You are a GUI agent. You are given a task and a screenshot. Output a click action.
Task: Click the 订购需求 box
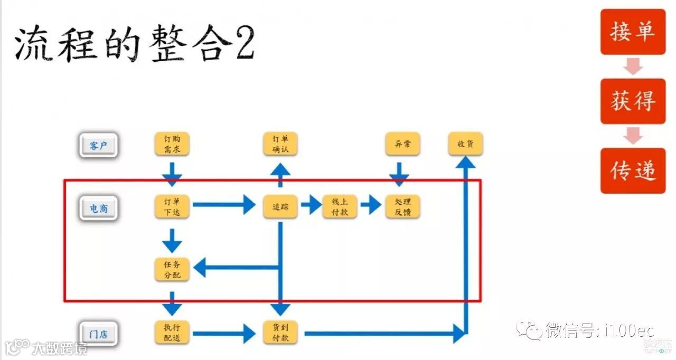(172, 144)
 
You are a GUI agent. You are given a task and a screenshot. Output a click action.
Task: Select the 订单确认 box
(280, 144)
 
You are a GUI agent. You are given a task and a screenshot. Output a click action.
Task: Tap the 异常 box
(402, 144)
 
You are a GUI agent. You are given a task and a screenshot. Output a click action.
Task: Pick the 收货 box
(465, 144)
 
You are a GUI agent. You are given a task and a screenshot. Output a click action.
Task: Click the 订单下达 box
(172, 206)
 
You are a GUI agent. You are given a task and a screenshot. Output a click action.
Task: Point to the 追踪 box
(280, 206)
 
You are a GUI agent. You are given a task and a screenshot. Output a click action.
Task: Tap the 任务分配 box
(172, 269)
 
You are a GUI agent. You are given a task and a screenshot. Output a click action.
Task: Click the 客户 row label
(98, 145)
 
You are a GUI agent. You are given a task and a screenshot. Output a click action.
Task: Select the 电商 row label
(98, 209)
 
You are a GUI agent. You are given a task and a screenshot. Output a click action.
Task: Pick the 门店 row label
(98, 334)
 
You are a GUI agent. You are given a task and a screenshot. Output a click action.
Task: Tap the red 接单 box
(633, 32)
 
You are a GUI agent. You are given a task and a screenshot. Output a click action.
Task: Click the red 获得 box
(633, 101)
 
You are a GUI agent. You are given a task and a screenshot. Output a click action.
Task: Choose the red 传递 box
(633, 170)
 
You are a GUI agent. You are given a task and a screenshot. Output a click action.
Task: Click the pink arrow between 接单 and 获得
(633, 67)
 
